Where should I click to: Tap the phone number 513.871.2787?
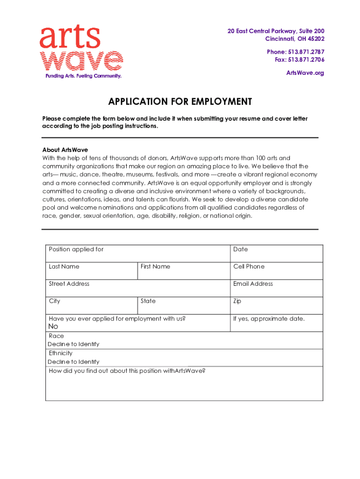(306, 52)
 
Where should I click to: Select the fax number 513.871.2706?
(306, 59)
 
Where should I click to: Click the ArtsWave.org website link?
(305, 73)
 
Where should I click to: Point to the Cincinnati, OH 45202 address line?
(295, 38)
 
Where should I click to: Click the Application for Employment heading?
(180, 102)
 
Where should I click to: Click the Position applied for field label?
(76, 249)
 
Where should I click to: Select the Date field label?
(240, 249)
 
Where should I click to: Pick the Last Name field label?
(64, 267)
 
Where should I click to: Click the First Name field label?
(155, 267)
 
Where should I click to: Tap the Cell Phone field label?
(249, 267)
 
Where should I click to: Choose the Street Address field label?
(69, 284)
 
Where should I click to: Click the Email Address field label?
(253, 284)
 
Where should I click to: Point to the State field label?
(148, 301)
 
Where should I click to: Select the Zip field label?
(237, 301)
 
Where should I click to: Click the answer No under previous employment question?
(53, 327)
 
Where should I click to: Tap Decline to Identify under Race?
(73, 344)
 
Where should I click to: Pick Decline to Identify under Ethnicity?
(73, 362)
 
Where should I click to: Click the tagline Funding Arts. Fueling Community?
(83, 76)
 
